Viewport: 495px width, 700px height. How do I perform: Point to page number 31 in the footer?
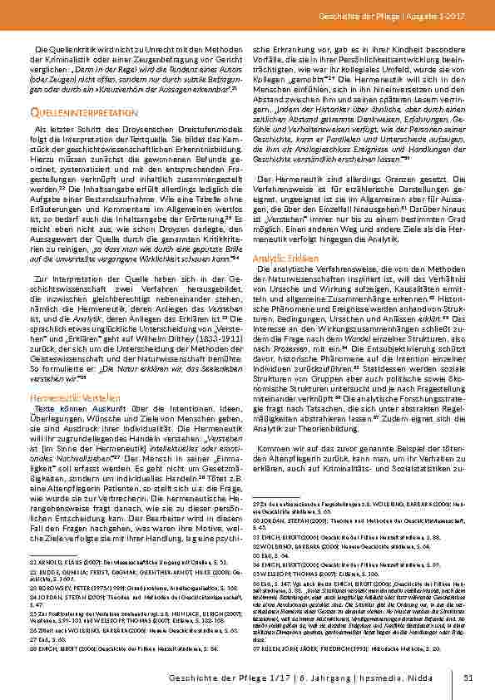point(468,678)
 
